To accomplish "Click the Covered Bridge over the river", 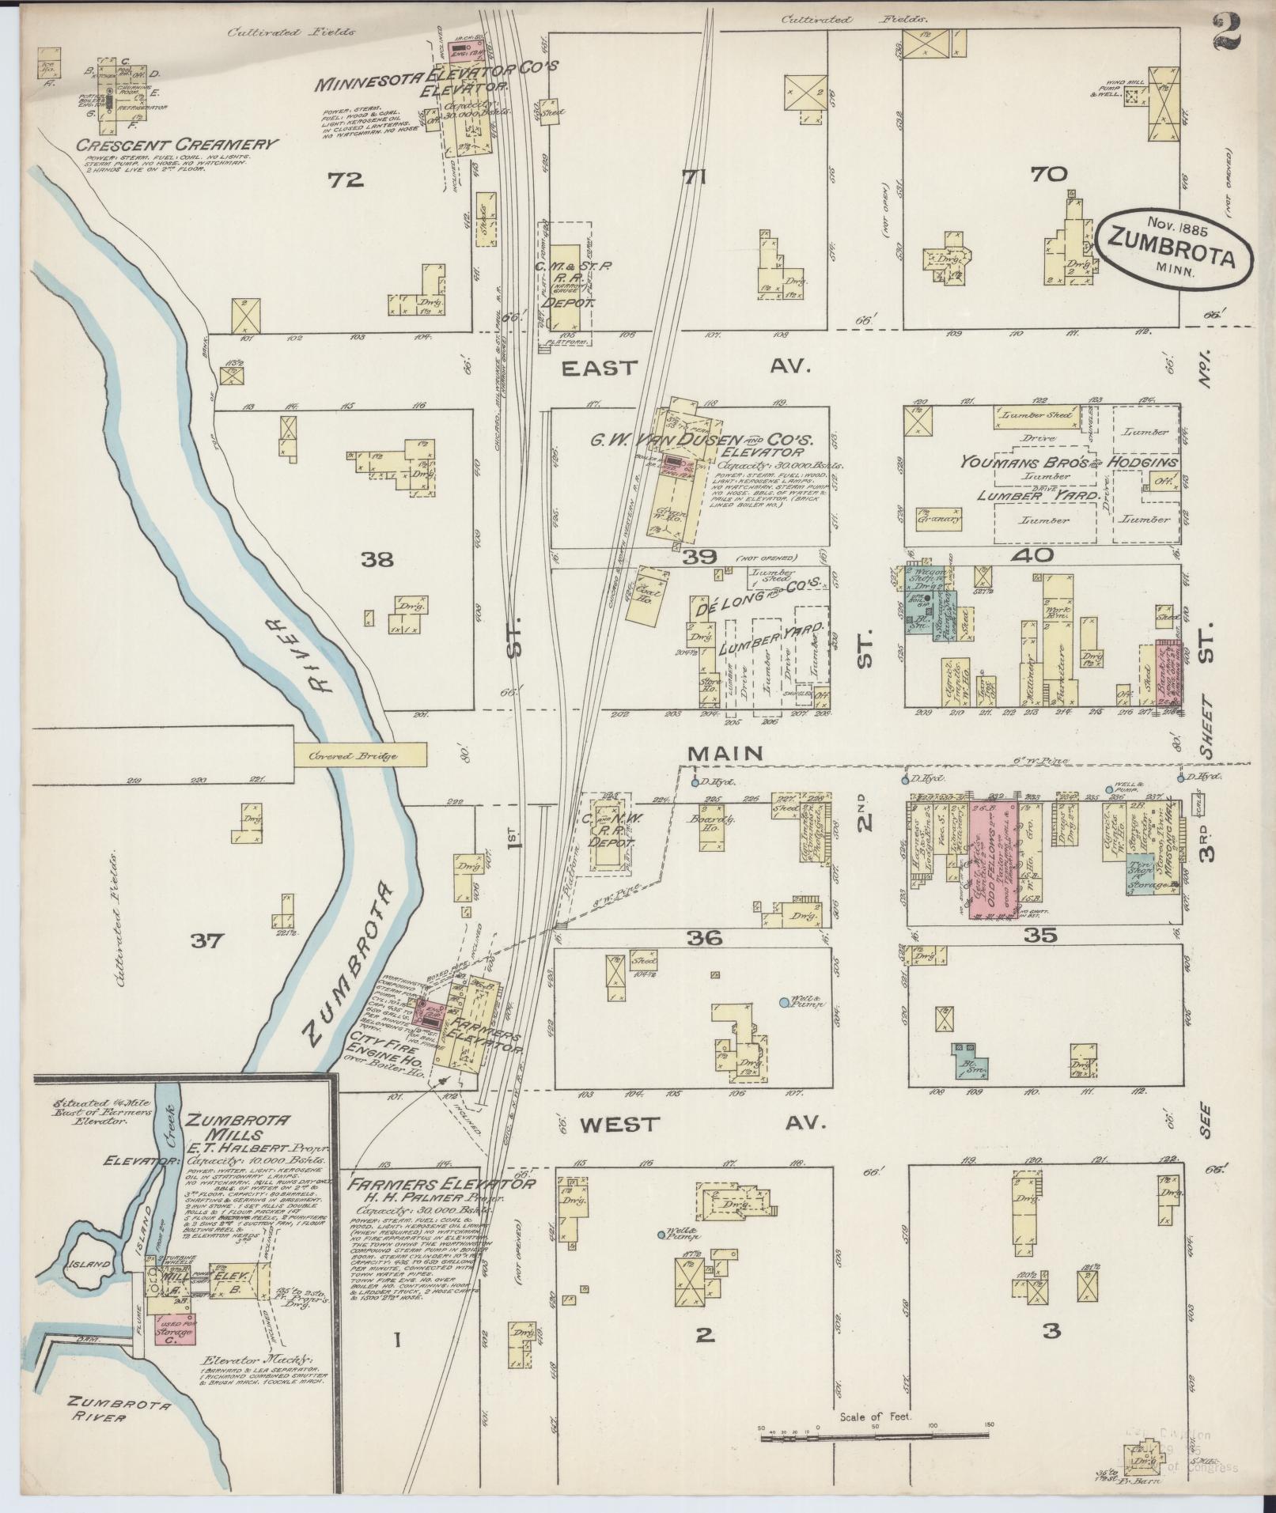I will [360, 755].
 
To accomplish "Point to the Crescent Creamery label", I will [177, 145].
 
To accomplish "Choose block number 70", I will [1048, 174].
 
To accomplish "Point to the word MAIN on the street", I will [726, 755].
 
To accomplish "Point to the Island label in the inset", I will [89, 1264].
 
